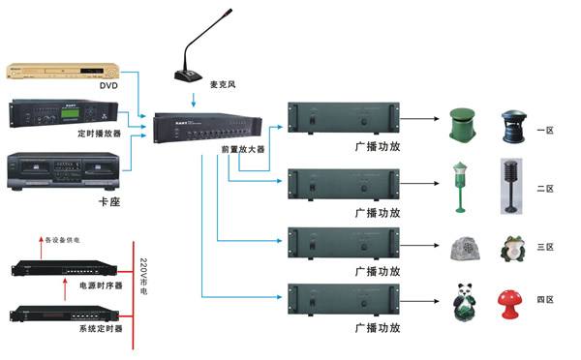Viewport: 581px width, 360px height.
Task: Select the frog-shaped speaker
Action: pos(512,249)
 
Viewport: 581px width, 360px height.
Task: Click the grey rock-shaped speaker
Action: pos(466,252)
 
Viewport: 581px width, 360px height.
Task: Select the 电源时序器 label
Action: pos(98,286)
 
